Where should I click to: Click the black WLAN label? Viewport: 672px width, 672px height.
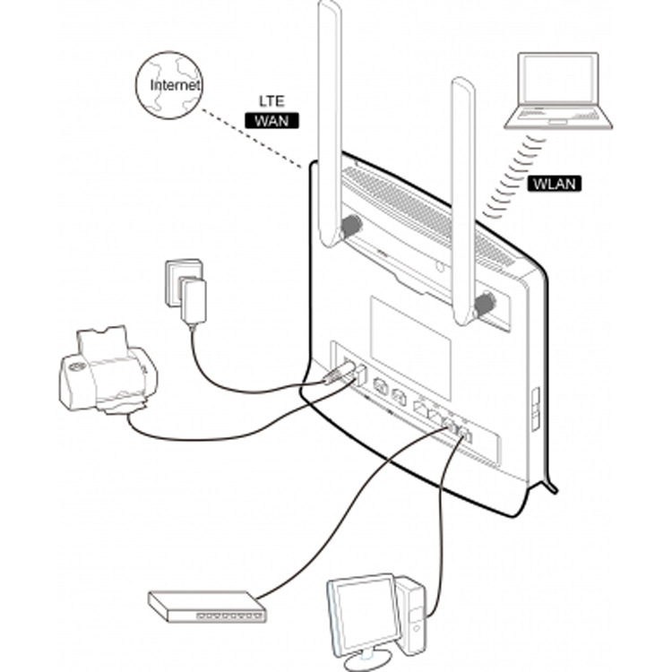click(555, 184)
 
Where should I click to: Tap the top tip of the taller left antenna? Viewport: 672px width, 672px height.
click(329, 9)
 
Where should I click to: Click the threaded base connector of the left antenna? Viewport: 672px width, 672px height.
click(349, 228)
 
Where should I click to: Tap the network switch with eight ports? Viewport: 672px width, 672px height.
click(207, 607)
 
